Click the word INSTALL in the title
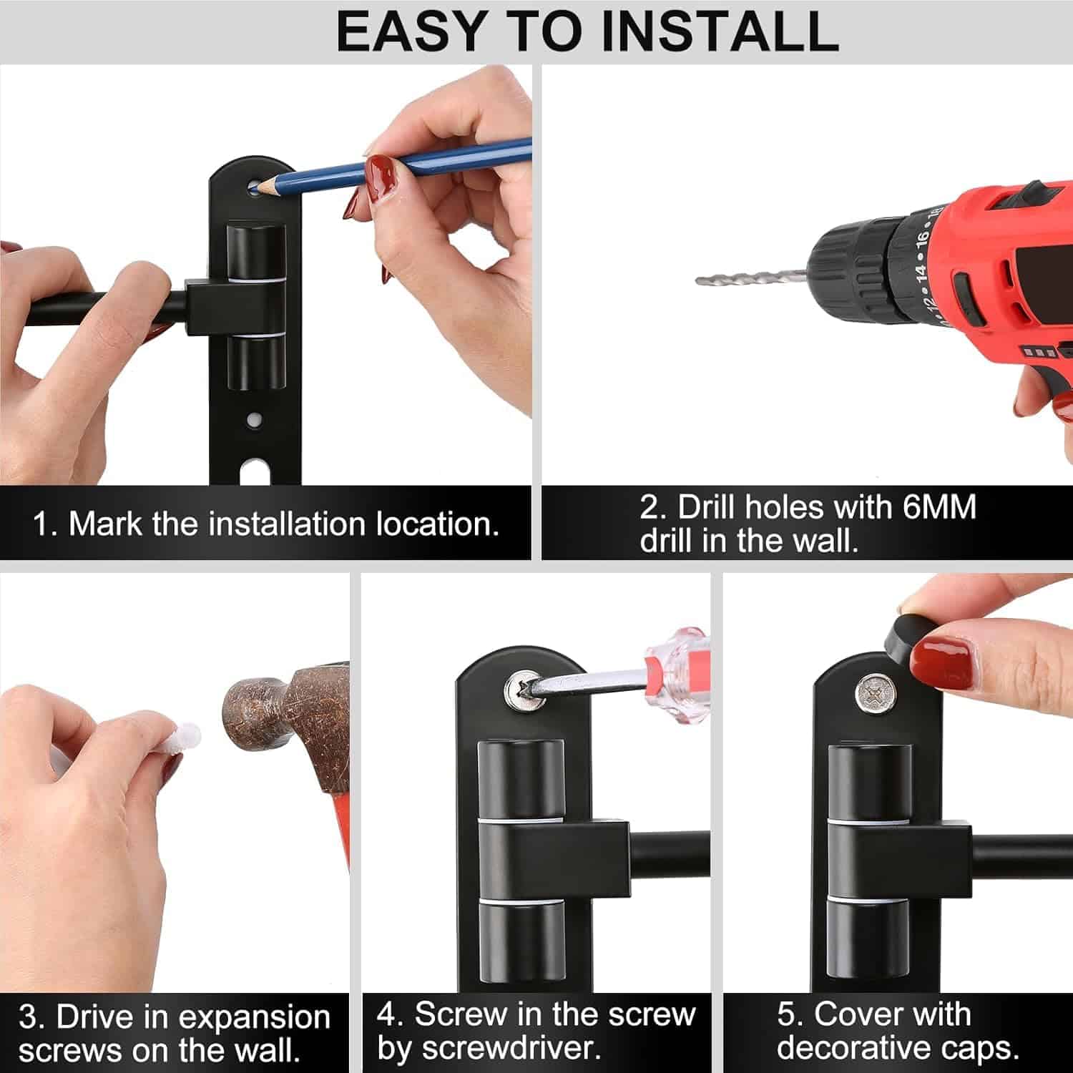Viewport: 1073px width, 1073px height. pos(717,31)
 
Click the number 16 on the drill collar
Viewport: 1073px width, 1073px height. pos(921,235)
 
